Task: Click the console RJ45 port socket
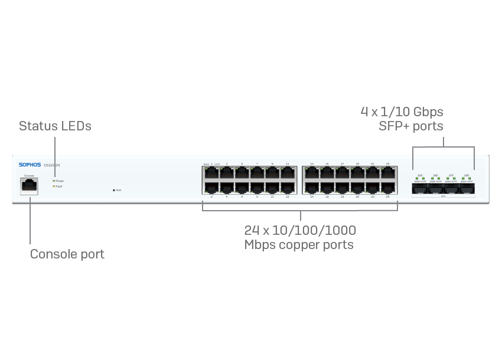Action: pyautogui.click(x=29, y=186)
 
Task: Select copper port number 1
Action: pyautogui.click(x=211, y=173)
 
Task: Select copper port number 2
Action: pyautogui.click(x=211, y=187)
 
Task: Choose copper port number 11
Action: pyautogui.click(x=288, y=173)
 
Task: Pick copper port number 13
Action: pyautogui.click(x=311, y=173)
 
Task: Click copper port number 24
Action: pyautogui.click(x=388, y=187)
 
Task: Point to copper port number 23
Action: pyautogui.click(x=388, y=173)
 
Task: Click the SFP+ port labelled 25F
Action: pyautogui.click(x=420, y=188)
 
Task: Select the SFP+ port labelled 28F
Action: pyautogui.click(x=467, y=188)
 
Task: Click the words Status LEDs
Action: pyautogui.click(x=55, y=126)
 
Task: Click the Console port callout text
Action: pyautogui.click(x=67, y=254)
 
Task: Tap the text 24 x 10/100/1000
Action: pyautogui.click(x=300, y=230)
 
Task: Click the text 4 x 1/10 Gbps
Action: pyautogui.click(x=402, y=112)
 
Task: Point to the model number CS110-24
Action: pyautogui.click(x=52, y=165)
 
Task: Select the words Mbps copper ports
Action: pyautogui.click(x=299, y=244)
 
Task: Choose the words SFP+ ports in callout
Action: pyautogui.click(x=410, y=126)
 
